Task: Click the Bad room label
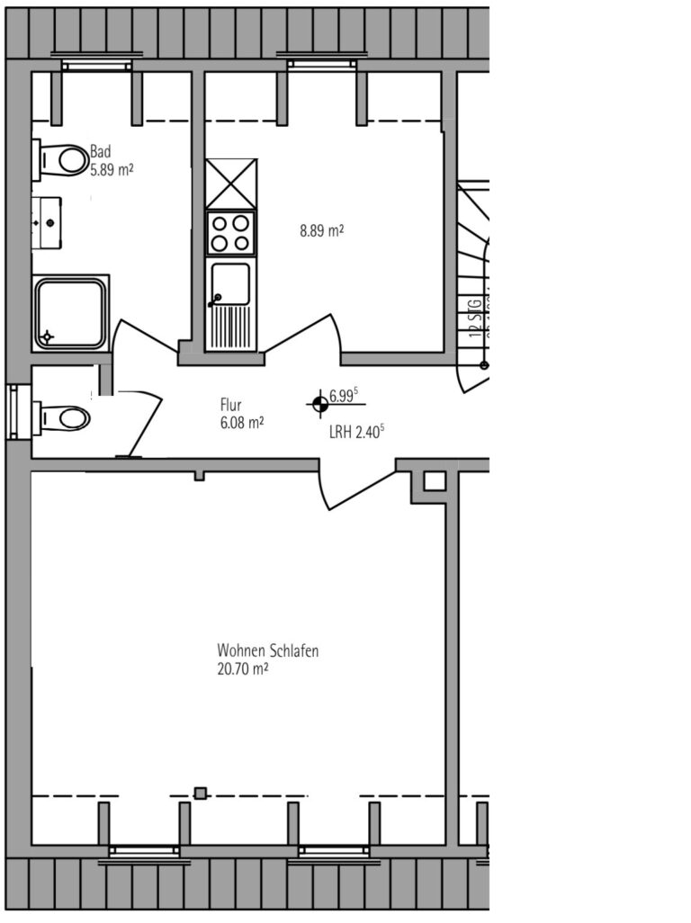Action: pos(100,152)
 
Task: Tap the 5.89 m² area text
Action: pos(112,168)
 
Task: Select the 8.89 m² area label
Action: pos(322,230)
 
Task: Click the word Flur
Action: pos(231,405)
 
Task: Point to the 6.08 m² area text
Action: pos(242,421)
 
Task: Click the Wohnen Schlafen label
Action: pos(267,650)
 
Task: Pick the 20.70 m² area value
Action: pos(243,668)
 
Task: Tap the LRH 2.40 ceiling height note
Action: pos(357,431)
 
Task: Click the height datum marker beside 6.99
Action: pos(318,404)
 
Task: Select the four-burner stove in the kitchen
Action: pos(231,233)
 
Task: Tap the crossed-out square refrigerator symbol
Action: pos(231,184)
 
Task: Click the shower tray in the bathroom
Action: pos(70,313)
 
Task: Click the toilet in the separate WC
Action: pos(63,418)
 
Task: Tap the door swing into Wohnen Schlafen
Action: pos(353,488)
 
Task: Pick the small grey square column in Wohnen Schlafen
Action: pos(201,793)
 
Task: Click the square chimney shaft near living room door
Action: pos(435,481)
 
